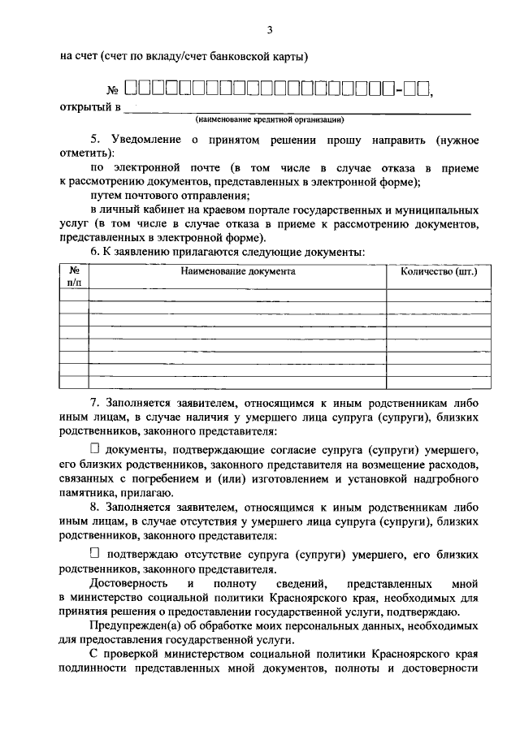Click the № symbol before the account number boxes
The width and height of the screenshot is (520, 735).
point(113,90)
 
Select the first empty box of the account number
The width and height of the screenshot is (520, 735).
point(132,89)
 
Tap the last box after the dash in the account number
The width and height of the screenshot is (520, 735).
point(422,89)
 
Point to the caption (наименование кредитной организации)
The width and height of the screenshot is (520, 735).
point(269,119)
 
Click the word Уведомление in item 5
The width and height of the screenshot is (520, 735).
point(141,140)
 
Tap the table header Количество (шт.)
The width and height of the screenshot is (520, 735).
point(439,271)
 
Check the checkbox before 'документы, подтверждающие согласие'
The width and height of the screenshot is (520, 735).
point(94,447)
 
